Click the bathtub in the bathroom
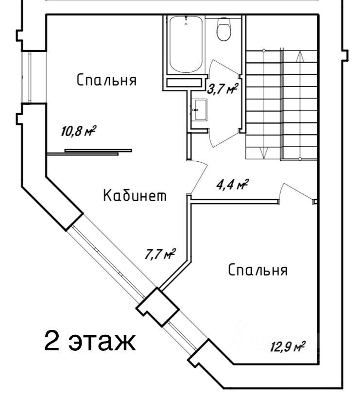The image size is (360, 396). (186, 44)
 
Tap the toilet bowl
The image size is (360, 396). (224, 30)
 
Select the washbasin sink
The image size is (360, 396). (201, 110)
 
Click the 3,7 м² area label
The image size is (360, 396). (223, 89)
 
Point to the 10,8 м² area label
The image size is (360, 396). (79, 131)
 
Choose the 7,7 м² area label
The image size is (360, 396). (160, 254)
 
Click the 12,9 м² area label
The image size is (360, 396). (288, 346)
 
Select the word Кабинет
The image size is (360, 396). (135, 196)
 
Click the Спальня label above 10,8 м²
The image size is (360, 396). (106, 80)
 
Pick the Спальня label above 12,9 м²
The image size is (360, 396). (258, 270)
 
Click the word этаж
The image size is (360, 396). (103, 343)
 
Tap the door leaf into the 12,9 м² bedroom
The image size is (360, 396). (299, 191)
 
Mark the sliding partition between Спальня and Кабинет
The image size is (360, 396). (89, 152)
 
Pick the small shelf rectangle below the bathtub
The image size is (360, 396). (184, 83)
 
